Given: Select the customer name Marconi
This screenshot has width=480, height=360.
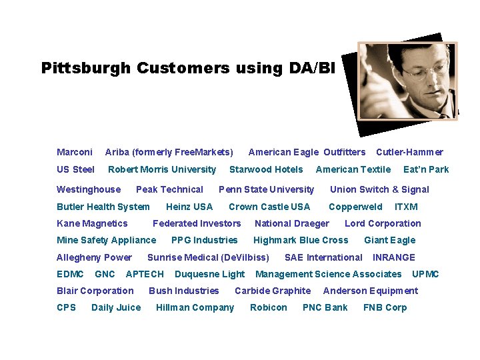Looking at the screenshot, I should pos(75,152).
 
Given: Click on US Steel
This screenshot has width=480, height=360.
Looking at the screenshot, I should pos(75,169).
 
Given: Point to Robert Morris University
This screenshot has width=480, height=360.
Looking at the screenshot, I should pos(162,169).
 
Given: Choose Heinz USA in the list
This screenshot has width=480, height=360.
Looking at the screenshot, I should pos(189,207).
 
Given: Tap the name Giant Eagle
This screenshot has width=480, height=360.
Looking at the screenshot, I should pos(389,240).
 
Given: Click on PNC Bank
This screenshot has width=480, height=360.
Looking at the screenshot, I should pos(325,307).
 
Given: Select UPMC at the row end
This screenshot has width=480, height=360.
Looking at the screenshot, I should pos(425,274).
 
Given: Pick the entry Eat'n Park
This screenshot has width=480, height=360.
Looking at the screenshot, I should pos(426,169).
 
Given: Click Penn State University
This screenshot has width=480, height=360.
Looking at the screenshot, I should pos(266,189).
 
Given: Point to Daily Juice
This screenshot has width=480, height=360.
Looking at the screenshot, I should pos(116,307).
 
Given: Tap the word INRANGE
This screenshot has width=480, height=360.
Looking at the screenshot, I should pos(393,257).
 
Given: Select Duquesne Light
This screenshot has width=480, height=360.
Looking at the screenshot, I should pos(209,274).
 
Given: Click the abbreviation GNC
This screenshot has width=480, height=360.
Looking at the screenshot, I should pos(105,274).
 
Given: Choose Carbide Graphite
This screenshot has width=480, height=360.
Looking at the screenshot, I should pos(273,291).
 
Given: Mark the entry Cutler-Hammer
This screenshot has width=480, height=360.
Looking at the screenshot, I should pos(409,152).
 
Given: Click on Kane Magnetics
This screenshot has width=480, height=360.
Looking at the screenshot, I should pos(92,223).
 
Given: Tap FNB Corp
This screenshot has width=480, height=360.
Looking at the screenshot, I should pos(385,307).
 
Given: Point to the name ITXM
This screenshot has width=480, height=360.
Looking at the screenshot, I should pos(406,207).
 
